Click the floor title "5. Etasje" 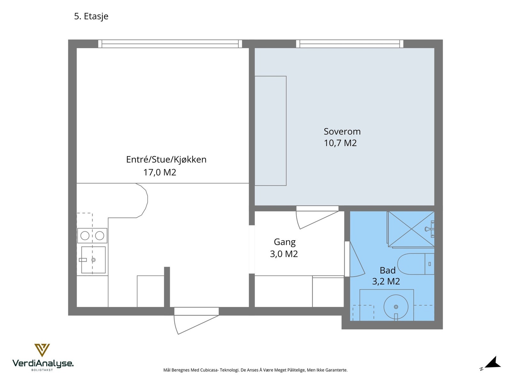coord(91,16)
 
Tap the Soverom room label coord(342,131)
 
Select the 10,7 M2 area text coord(340,143)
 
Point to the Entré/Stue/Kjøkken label coord(166,160)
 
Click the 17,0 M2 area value coord(160,172)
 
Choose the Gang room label coord(285,242)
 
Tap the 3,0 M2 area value coord(284,254)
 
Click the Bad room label coord(388,270)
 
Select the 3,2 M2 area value coord(386,282)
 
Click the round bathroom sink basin coord(396,307)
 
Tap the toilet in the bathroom coord(416,264)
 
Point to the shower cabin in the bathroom coord(411,229)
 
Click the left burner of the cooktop coord(85,236)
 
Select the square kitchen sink coord(93,260)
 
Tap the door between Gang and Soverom coord(317,217)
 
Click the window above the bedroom coord(349,44)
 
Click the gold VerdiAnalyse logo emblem coord(42,350)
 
